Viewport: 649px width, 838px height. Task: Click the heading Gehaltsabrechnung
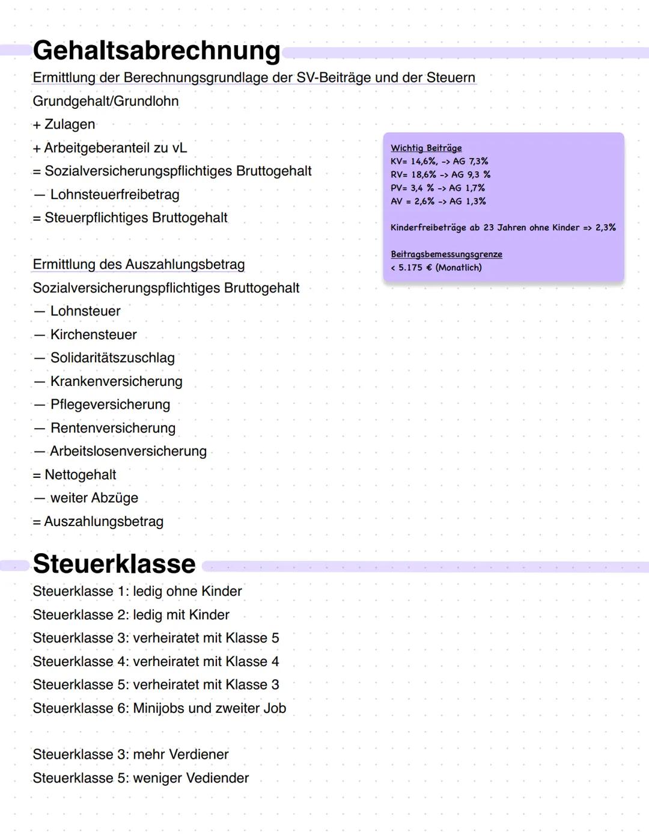[156, 50]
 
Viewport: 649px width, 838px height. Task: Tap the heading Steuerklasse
[114, 564]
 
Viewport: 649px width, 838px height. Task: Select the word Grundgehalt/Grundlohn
[106, 101]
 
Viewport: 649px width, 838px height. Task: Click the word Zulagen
[70, 124]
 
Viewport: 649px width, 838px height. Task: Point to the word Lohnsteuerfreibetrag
[115, 195]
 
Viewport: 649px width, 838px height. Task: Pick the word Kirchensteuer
[94, 335]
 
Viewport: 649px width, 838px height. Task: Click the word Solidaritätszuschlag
[112, 358]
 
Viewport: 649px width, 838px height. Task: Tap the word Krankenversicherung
[117, 382]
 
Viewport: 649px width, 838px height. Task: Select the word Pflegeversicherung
[110, 405]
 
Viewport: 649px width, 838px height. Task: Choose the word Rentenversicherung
[113, 428]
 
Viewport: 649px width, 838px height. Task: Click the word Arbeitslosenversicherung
[128, 451]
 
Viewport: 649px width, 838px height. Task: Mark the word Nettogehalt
[81, 475]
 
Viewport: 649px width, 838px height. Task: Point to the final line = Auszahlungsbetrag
[98, 522]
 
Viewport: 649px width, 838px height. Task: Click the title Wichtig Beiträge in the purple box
[426, 148]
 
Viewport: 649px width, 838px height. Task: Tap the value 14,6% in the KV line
[424, 161]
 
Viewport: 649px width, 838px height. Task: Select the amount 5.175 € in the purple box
[415, 268]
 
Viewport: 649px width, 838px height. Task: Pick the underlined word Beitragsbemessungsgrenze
[446, 254]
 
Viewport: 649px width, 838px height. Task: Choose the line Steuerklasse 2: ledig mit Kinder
[131, 615]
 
